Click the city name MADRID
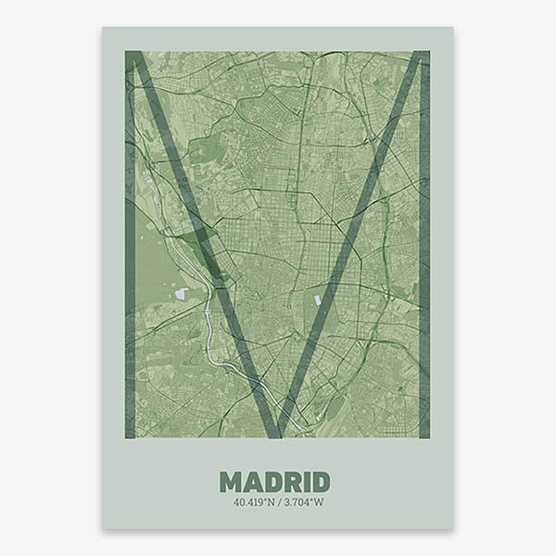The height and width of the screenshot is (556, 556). (275, 482)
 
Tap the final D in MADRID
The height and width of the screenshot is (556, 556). (319, 482)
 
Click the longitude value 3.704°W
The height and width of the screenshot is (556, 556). (301, 503)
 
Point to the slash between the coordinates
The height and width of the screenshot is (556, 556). (277, 503)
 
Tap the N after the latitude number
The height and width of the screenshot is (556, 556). (269, 503)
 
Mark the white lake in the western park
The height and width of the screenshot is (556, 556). (181, 294)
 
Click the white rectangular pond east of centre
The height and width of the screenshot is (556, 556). (318, 300)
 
